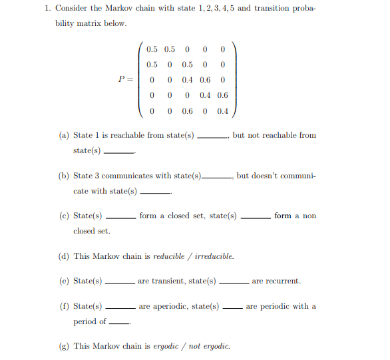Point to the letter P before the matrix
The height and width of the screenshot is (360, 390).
click(122, 79)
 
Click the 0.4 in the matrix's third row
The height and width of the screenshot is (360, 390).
click(187, 80)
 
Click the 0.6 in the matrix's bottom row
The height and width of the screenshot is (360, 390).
click(187, 110)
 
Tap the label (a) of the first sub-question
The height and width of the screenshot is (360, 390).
click(64, 135)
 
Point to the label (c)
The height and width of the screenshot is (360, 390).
click(64, 216)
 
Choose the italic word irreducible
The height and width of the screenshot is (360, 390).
click(214, 256)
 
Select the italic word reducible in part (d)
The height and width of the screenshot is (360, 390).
click(168, 256)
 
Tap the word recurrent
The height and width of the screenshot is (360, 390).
click(276, 281)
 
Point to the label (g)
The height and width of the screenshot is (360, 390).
click(64, 347)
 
